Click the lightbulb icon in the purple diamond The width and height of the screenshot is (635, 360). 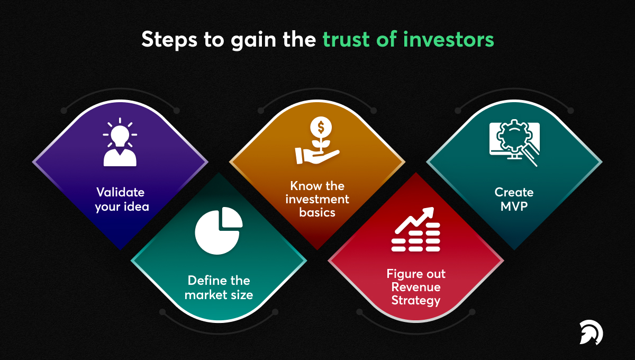tap(120, 132)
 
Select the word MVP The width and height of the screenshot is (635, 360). tap(514, 206)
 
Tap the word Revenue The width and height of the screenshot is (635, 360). tap(416, 287)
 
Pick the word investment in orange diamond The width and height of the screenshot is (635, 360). tap(317, 199)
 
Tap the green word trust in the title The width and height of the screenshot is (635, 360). tap(348, 40)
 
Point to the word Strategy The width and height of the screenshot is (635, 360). tap(416, 301)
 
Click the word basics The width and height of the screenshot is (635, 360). tap(317, 212)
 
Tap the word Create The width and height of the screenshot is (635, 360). tap(514, 192)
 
